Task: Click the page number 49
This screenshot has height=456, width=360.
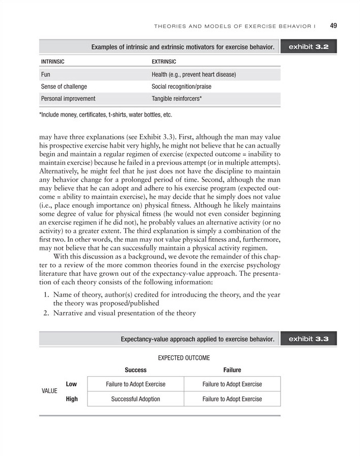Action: [x=334, y=25]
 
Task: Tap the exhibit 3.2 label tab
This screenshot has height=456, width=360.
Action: [x=309, y=47]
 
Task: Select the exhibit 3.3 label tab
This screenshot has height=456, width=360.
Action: [x=309, y=338]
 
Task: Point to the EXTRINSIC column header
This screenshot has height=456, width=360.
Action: [x=164, y=62]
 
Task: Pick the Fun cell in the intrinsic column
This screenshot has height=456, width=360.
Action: [x=45, y=74]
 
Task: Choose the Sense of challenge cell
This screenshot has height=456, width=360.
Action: [x=64, y=87]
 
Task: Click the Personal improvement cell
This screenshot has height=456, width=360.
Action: [x=68, y=98]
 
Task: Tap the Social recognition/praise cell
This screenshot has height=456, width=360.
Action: [x=181, y=87]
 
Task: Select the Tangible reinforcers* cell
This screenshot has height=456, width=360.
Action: [x=177, y=98]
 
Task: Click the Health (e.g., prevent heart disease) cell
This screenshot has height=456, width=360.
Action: [x=193, y=74]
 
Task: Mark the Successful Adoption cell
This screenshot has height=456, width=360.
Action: [x=135, y=399]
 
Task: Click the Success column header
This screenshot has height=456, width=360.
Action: [x=135, y=370]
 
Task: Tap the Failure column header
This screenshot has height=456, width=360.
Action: [x=232, y=370]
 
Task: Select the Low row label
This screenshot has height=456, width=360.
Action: [x=71, y=384]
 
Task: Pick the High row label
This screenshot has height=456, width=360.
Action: [x=72, y=399]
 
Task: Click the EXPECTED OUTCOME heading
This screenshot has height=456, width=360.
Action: [x=184, y=358]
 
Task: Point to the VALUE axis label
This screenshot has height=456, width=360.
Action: [x=49, y=391]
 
